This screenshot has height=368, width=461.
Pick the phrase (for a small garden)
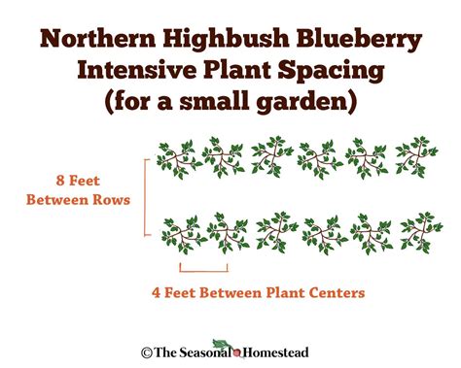point(230,100)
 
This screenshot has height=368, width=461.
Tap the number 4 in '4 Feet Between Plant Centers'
point(157,290)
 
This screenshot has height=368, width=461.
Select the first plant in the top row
point(177,155)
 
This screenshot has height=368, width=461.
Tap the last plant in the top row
point(413,155)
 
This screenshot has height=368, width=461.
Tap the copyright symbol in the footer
point(147,353)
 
